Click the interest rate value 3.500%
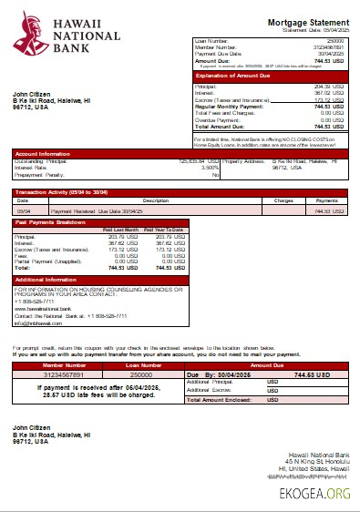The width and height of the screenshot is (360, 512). coord(210,168)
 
